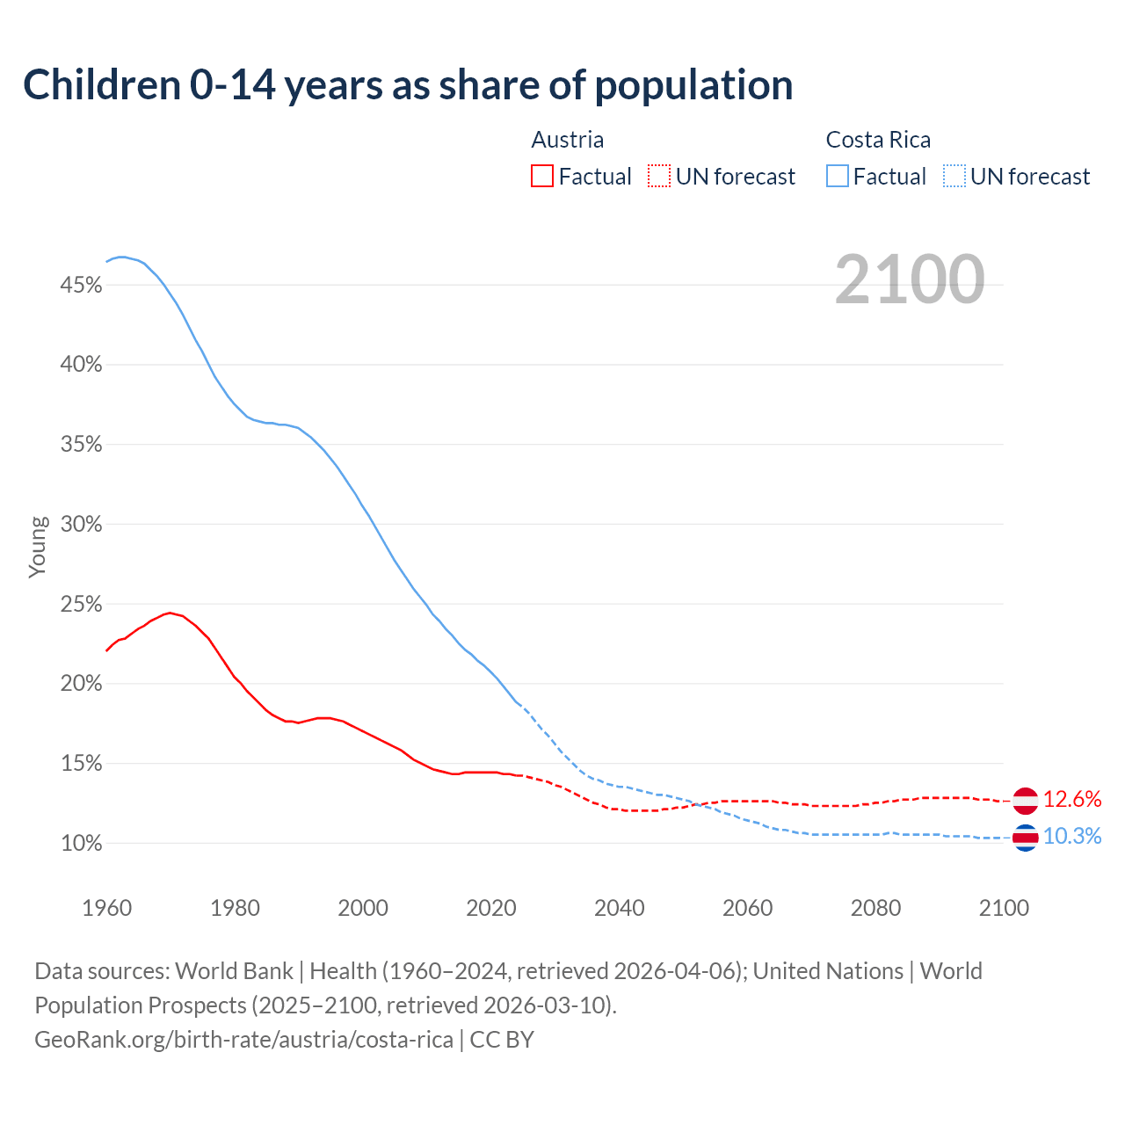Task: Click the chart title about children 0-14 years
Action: (408, 85)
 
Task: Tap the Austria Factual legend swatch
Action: (542, 177)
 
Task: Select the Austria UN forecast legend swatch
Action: (659, 177)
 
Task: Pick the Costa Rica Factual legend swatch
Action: (838, 177)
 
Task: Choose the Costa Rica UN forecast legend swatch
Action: (954, 177)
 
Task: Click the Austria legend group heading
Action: (568, 140)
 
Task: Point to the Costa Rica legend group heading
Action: (878, 140)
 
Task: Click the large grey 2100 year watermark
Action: (910, 279)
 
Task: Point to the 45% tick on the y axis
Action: (81, 285)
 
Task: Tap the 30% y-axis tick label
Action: (81, 525)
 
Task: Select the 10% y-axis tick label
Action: (81, 844)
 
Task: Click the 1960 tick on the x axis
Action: (107, 908)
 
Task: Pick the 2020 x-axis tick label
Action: (491, 908)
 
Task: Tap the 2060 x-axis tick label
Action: (747, 908)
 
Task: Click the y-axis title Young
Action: (38, 547)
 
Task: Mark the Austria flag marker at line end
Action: (1025, 801)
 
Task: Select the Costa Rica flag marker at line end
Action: (1025, 838)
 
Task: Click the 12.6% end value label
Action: (1072, 800)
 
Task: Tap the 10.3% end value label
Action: (1072, 837)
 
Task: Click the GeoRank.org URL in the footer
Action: (243, 1040)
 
